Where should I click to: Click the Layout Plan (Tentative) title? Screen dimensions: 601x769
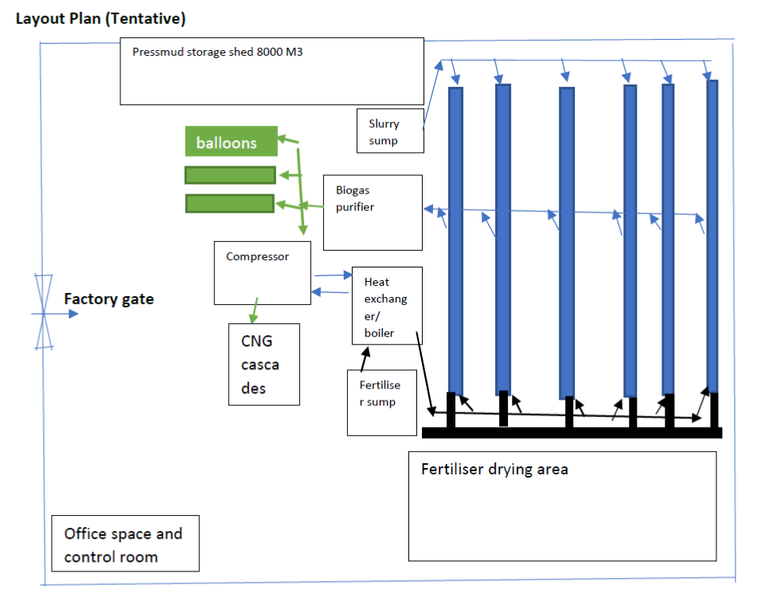point(101,18)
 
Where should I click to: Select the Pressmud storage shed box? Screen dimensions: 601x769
point(272,71)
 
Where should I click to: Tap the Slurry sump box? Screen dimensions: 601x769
point(390,131)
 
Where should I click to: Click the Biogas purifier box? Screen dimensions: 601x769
point(372,213)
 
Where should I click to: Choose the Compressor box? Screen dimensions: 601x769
point(262,273)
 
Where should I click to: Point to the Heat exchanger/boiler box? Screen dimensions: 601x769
point(387,306)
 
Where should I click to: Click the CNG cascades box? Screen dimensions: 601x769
point(264,365)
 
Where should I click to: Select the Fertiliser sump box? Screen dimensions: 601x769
point(382,402)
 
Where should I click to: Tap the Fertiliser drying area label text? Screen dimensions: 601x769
point(494,469)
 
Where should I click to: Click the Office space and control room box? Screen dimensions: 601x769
point(125,544)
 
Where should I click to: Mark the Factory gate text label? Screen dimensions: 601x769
point(109,300)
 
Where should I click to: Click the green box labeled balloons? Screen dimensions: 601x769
point(231,142)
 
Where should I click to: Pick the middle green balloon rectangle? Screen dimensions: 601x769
point(230,175)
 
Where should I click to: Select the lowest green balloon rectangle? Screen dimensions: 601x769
point(229,204)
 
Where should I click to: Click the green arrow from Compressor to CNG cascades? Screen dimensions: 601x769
point(255,310)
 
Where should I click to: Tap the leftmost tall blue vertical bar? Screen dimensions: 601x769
point(455,239)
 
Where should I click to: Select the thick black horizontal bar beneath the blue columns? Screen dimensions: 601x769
point(572,432)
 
